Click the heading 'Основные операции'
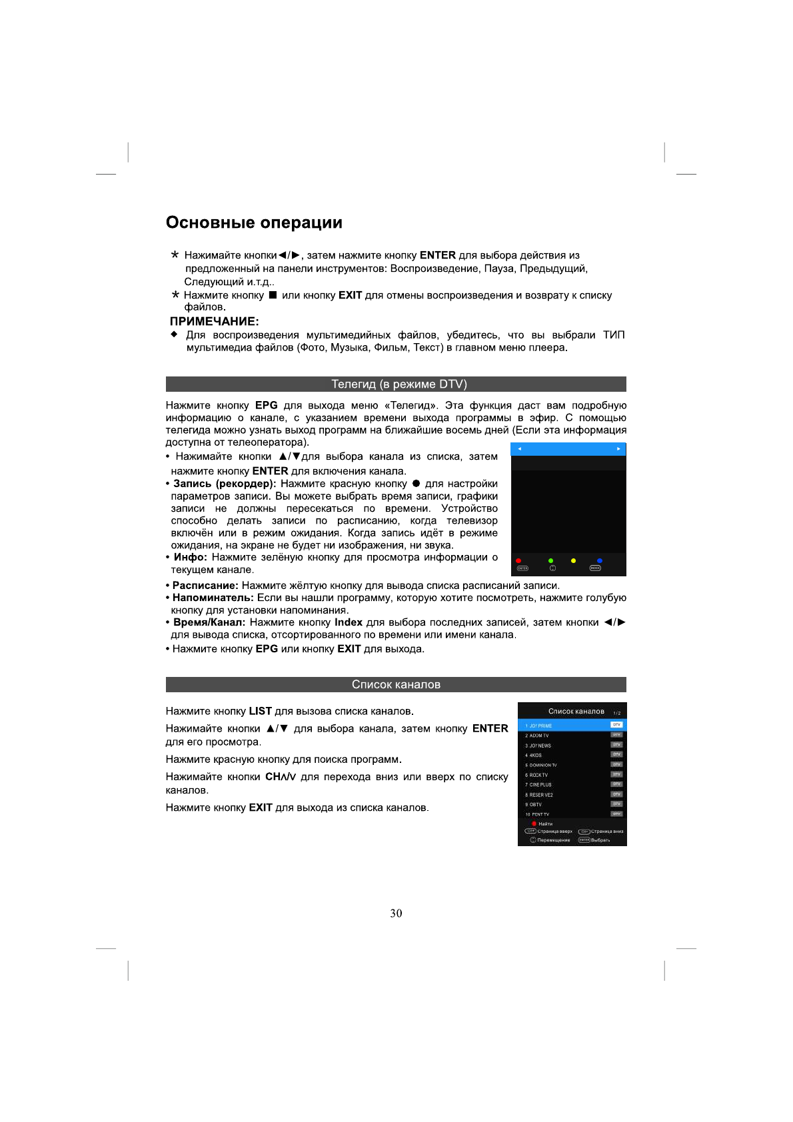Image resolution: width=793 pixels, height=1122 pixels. tap(254, 223)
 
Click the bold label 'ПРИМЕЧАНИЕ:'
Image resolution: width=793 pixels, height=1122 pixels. tap(214, 321)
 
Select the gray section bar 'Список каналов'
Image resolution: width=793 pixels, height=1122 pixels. tap(396, 684)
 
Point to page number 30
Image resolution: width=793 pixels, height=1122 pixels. tap(396, 913)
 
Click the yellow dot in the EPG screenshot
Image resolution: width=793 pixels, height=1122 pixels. tap(573, 561)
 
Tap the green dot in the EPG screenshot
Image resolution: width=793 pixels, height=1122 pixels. tap(550, 561)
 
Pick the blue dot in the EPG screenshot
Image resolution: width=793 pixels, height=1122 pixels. tap(599, 561)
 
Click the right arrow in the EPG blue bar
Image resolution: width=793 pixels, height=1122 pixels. tap(618, 449)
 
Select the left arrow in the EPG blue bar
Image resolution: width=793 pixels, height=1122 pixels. tap(520, 449)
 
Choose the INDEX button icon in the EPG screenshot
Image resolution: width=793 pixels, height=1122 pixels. tap(595, 568)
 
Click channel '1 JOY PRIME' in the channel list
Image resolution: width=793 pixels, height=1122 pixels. tap(540, 726)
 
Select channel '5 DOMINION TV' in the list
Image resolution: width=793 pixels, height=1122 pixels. tap(542, 765)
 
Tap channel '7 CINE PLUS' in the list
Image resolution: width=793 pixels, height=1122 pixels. tap(540, 785)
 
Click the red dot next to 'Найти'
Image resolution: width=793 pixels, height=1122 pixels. tap(534, 824)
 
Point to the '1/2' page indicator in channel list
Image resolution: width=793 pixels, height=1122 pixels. tap(616, 713)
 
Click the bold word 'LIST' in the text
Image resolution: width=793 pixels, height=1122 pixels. tap(260, 711)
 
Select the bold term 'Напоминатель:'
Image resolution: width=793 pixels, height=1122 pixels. tap(213, 598)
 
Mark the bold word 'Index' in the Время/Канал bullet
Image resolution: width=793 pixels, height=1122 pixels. tap(348, 622)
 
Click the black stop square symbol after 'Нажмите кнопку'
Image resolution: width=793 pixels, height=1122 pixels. tap(273, 294)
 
